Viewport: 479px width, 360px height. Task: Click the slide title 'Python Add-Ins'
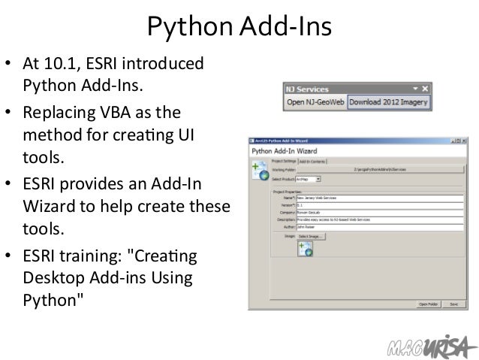[239, 28]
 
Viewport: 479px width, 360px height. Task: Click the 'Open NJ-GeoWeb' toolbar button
[315, 101]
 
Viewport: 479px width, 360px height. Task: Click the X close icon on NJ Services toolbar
[425, 88]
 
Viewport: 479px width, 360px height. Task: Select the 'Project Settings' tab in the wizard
[284, 161]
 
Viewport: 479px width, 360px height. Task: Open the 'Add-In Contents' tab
[313, 161]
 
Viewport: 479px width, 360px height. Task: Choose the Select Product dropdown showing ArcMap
[308, 180]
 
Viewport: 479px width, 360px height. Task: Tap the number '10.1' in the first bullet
[66, 62]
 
